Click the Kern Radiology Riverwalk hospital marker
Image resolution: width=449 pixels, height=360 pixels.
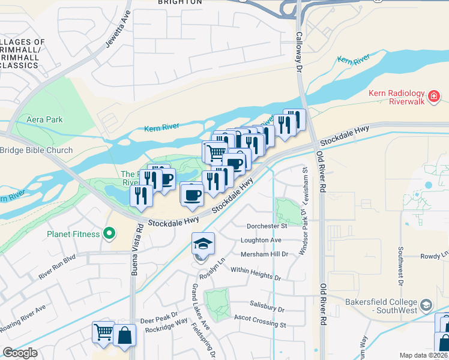coord(434,96)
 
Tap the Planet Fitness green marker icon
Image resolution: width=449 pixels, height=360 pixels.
coord(109,233)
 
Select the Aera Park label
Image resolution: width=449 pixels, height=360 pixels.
coord(44,119)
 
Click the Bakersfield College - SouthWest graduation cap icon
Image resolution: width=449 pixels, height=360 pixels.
coord(426,305)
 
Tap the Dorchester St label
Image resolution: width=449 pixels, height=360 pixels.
coord(267,226)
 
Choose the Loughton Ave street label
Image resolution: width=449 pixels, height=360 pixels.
coord(261,240)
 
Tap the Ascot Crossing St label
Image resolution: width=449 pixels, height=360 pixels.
coord(260,325)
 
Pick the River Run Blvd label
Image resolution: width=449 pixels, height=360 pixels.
coord(58,268)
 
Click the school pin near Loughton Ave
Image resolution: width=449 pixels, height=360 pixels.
coord(203,244)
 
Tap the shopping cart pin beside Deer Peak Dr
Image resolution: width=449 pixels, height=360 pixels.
coord(103,332)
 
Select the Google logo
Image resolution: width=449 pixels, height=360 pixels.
coord(20,353)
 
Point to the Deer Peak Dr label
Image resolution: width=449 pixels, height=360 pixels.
coord(159,314)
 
